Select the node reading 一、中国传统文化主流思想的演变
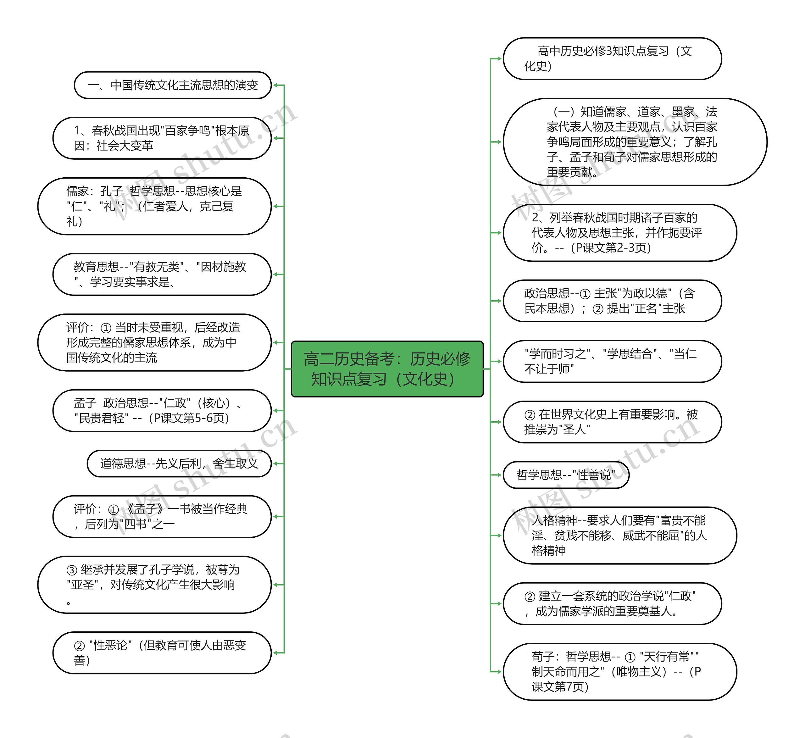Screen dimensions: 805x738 pyautogui.click(x=173, y=85)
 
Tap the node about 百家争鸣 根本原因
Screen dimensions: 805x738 pyautogui.click(x=162, y=138)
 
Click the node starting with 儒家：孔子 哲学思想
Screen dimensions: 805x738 pyautogui.click(x=154, y=206)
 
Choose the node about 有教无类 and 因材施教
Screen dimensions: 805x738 pyautogui.click(x=162, y=275)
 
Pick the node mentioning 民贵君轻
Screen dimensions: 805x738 pyautogui.click(x=162, y=411)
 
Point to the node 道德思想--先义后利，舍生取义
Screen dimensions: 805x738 pyautogui.click(x=179, y=463)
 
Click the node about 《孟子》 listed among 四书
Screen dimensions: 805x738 pyautogui.click(x=162, y=516)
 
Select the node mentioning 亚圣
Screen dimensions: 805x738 pyautogui.click(x=154, y=585)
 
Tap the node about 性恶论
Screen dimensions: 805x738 pyautogui.click(x=162, y=652)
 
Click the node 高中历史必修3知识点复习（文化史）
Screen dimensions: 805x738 pyautogui.click(x=612, y=59)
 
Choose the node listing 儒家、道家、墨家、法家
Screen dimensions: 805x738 pyautogui.click(x=635, y=142)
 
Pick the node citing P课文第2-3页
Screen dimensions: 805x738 pyautogui.click(x=620, y=232)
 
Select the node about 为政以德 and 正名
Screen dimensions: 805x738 pyautogui.click(x=612, y=301)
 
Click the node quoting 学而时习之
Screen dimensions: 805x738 pyautogui.click(x=612, y=361)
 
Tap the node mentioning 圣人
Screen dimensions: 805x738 pyautogui.click(x=612, y=422)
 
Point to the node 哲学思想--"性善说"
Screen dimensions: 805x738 pyautogui.click(x=566, y=475)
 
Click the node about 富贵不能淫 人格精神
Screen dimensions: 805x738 pyautogui.click(x=620, y=535)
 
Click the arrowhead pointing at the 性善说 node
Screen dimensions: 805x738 pyautogui.click(x=499, y=475)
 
